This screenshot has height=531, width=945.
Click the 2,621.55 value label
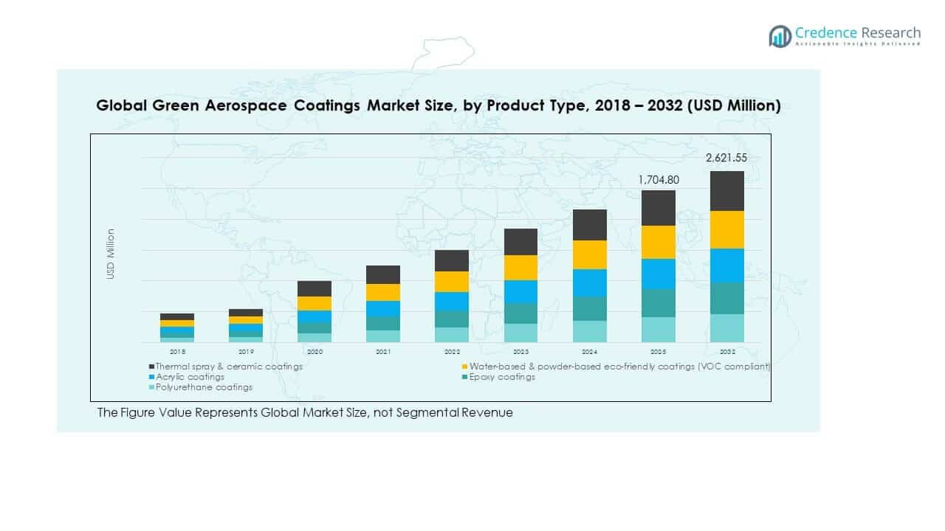coord(726,158)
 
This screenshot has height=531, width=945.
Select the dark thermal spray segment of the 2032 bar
coord(726,191)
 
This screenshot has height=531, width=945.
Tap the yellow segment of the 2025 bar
coord(658,242)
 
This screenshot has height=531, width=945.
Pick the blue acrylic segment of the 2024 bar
coord(589,283)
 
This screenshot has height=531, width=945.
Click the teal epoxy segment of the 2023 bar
coord(520,313)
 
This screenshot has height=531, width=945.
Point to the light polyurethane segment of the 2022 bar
coord(452,335)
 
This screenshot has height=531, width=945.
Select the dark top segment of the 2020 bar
coord(315,288)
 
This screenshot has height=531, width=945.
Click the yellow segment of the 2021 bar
coord(383,292)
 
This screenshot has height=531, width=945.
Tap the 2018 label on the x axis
coord(177,352)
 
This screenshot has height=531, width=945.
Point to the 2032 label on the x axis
coord(726,352)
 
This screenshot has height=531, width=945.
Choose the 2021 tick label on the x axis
coord(383,352)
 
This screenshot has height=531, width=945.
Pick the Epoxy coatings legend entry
coord(505,377)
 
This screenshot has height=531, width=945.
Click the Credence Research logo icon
coord(780,35)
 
